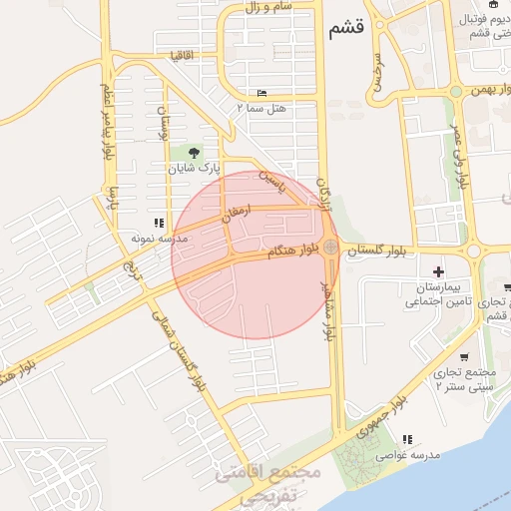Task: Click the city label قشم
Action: tap(345, 30)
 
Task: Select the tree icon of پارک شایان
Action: tap(193, 153)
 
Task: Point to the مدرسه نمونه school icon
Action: tap(157, 223)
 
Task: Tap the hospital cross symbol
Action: tap(437, 271)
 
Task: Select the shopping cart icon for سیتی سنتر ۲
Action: tap(464, 356)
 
